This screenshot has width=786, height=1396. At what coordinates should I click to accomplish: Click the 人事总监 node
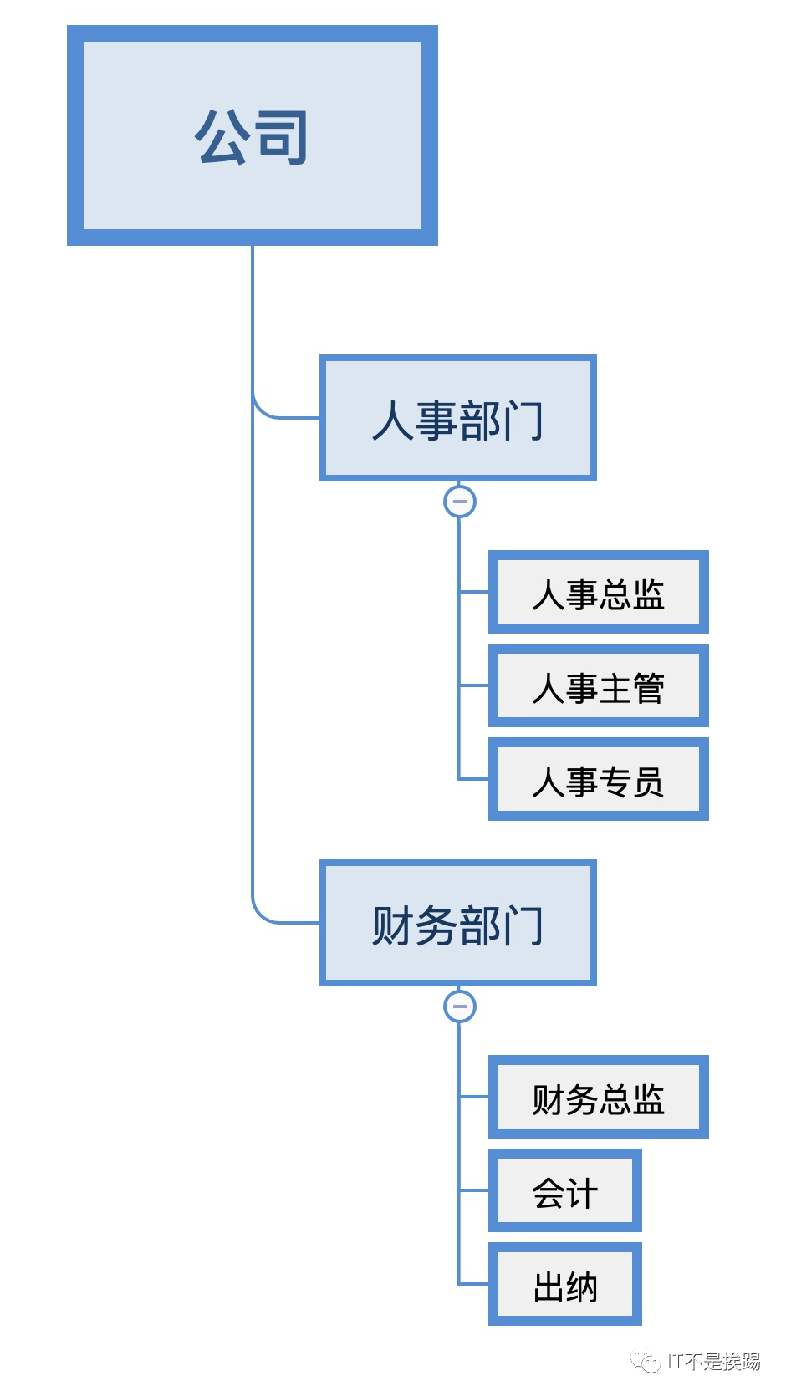click(598, 592)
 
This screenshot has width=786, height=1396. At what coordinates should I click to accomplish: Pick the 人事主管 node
click(598, 685)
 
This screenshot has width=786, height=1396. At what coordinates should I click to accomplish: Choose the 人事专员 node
click(598, 779)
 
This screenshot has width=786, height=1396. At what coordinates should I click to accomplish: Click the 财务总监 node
click(598, 1097)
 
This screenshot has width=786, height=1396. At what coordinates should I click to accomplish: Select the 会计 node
click(564, 1190)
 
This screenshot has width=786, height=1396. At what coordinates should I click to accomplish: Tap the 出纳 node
click(564, 1284)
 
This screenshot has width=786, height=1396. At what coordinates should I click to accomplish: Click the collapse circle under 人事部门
click(459, 502)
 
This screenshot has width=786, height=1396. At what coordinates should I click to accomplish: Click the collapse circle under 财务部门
click(459, 1006)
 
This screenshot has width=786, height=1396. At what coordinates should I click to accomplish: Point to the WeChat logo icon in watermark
click(646, 1362)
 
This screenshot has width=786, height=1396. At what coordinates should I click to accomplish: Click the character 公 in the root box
click(222, 136)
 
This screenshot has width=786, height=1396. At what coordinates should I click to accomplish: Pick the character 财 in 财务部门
click(392, 925)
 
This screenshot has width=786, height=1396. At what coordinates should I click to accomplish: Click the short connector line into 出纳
click(474, 1284)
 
